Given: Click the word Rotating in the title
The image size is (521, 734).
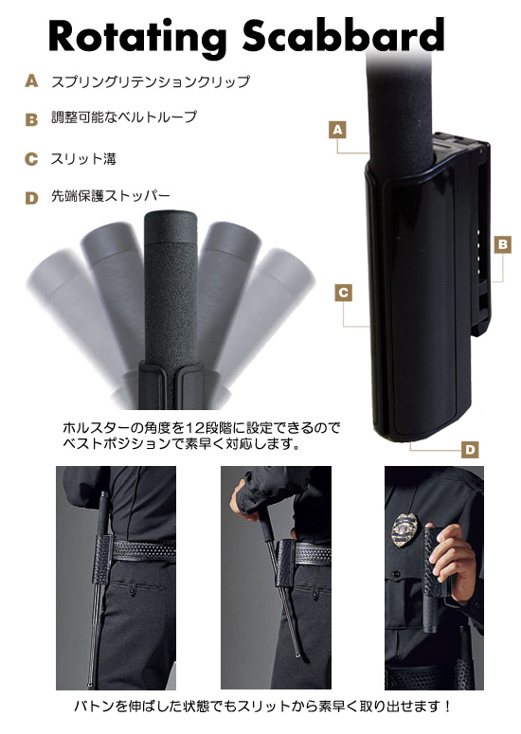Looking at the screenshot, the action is [137, 38].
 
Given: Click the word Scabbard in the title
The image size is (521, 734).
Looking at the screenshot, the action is [343, 35].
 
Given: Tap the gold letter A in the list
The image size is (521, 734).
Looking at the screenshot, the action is [31, 81].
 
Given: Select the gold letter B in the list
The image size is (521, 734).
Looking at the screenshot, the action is [31, 119].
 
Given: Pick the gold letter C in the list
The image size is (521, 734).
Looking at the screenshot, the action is [31, 159].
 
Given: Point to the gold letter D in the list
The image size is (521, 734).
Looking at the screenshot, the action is [31, 198].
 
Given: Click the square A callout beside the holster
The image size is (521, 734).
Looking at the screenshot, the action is [337, 130].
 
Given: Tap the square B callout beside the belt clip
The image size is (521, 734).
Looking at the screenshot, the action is [503, 244].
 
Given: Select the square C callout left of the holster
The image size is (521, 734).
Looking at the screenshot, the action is [343, 293].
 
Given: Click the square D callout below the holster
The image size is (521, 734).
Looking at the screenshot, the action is [470, 449].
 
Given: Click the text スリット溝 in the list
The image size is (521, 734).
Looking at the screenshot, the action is [83, 159].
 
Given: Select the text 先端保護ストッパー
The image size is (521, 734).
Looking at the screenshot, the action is [111, 196].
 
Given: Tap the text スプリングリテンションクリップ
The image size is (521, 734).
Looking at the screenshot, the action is [151, 81].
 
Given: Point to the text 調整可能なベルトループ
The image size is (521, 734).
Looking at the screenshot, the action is [124, 117].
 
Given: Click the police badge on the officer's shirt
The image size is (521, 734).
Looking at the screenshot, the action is [404, 529].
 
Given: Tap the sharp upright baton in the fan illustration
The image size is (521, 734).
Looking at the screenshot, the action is [171, 299].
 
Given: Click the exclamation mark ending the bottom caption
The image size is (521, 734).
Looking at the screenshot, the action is [448, 706].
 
